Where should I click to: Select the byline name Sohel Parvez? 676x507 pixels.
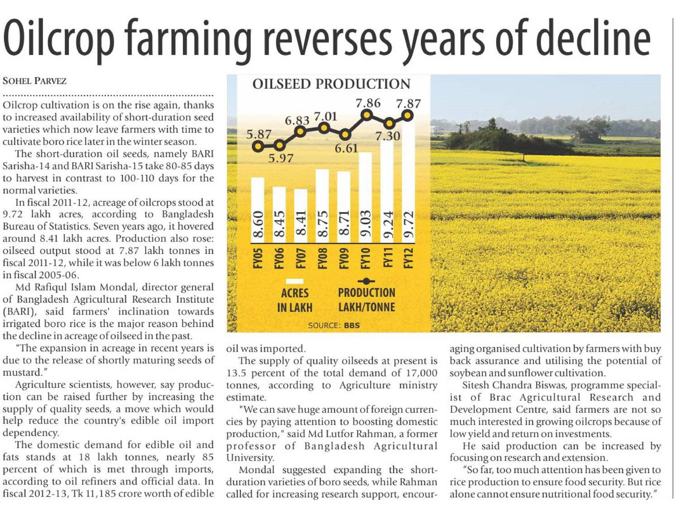[x=34, y=81]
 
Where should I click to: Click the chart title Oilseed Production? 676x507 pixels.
[x=331, y=84]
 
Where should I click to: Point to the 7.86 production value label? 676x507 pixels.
[x=368, y=103]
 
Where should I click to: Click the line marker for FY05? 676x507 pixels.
[x=258, y=146]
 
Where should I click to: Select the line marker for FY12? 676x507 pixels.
[x=408, y=116]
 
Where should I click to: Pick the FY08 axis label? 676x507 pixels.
[x=323, y=258]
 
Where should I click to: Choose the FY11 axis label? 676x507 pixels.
[x=387, y=258]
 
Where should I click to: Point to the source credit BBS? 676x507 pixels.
[x=352, y=325]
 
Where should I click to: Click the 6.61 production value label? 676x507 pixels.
[x=346, y=148]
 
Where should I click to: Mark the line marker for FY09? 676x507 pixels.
[x=345, y=135]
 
